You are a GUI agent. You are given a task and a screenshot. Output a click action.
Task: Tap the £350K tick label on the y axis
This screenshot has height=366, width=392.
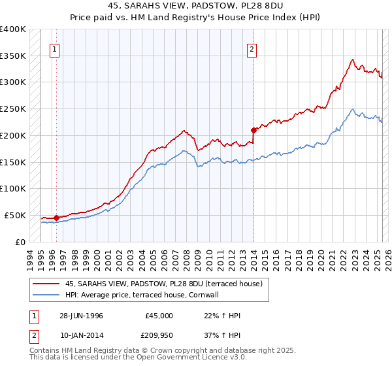(x=12, y=56)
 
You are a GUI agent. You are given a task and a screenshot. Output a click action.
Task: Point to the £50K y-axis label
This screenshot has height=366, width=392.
(x=14, y=215)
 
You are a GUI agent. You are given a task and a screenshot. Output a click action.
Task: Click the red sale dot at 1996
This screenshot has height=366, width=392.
(x=57, y=218)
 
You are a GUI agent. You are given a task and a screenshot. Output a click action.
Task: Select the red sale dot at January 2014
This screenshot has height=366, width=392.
(x=253, y=129)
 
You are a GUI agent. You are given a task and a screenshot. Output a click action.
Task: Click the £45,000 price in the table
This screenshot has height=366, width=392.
(x=159, y=315)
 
